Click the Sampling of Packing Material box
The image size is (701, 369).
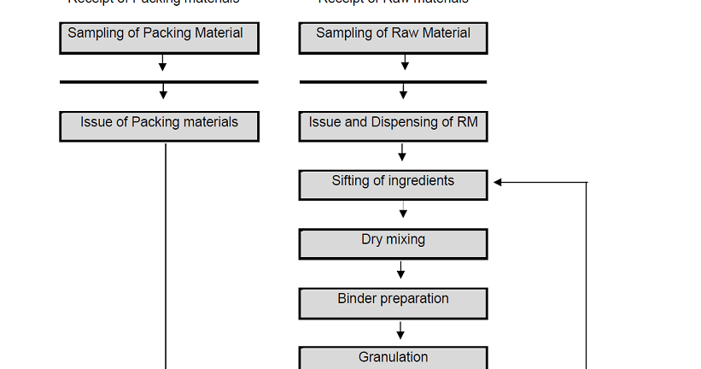pyautogui.click(x=159, y=38)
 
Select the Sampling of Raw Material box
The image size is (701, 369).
pyautogui.click(x=393, y=38)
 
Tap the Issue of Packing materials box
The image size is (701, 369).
pyautogui.click(x=159, y=126)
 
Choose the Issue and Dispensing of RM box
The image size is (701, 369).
pyautogui.click(x=393, y=126)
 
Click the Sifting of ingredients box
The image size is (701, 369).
pyautogui.click(x=393, y=185)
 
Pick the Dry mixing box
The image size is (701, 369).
pyautogui.click(x=393, y=243)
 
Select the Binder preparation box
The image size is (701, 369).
pyautogui.click(x=393, y=302)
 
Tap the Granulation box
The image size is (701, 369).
pyautogui.click(x=393, y=358)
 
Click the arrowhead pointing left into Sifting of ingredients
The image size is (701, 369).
pyautogui.click(x=499, y=182)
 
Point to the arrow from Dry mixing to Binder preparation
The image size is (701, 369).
pyautogui.click(x=400, y=270)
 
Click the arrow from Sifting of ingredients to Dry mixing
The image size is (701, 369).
pyautogui.click(x=403, y=211)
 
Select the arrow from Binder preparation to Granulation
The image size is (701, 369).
pyautogui.click(x=400, y=329)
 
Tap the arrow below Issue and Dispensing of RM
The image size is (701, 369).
pyautogui.click(x=402, y=152)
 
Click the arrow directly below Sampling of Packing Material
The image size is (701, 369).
pyautogui.click(x=162, y=63)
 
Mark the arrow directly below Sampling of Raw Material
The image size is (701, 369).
pyautogui.click(x=405, y=63)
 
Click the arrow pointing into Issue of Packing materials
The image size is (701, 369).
pyautogui.click(x=163, y=91)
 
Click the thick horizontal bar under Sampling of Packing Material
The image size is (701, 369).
pyautogui.click(x=159, y=82)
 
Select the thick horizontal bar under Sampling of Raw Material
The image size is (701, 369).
pyautogui.click(x=393, y=82)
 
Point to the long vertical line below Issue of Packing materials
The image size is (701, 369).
pyautogui.click(x=165, y=256)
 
